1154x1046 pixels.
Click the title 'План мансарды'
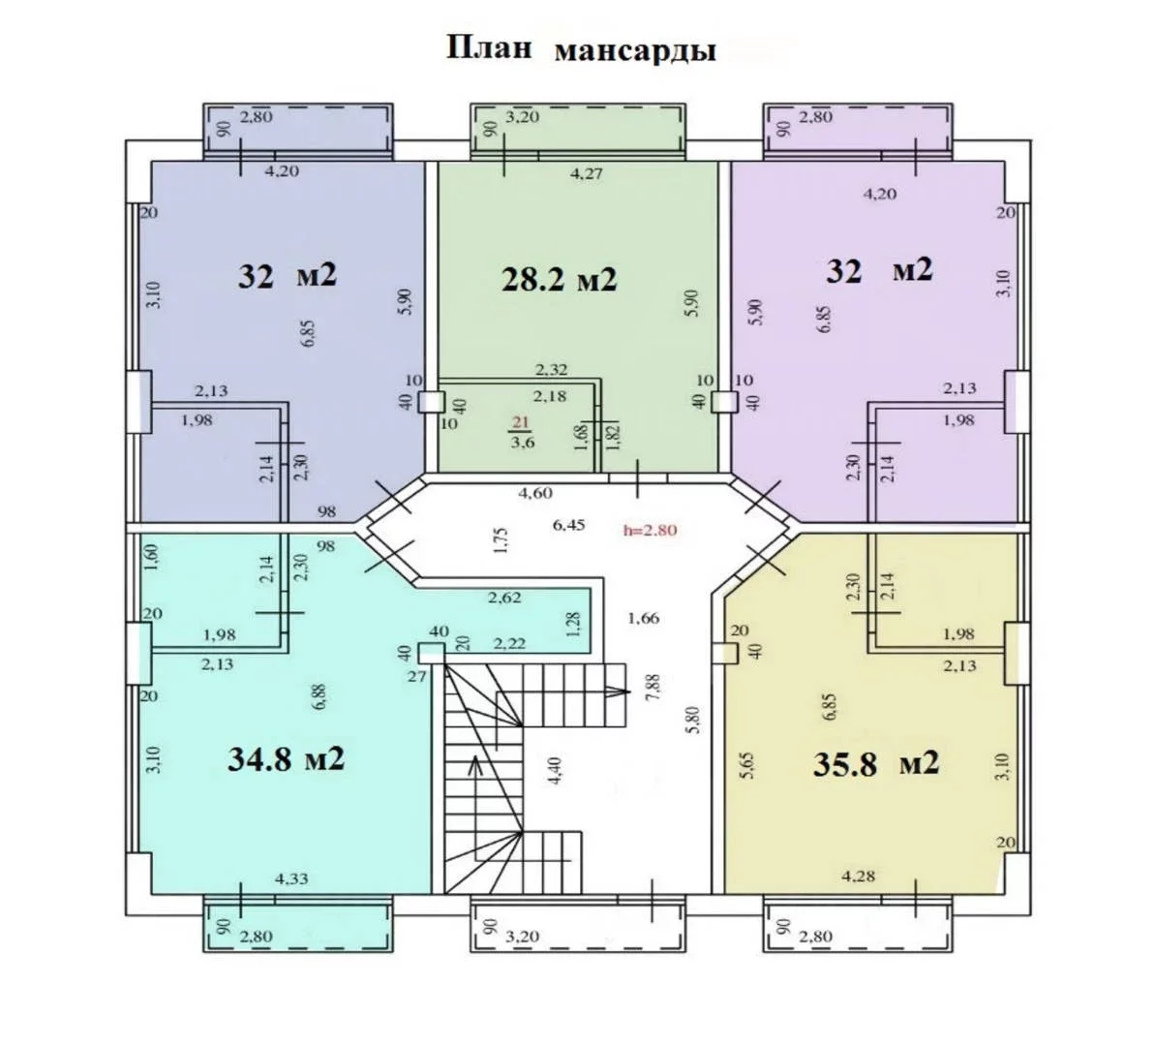(582, 49)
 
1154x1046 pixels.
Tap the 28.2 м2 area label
(559, 280)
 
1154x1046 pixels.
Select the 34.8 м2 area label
(286, 759)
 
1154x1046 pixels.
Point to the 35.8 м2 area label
(876, 763)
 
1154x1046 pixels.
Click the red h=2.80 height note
(650, 529)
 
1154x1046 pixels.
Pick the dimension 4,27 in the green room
(587, 174)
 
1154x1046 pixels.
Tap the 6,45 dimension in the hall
(569, 525)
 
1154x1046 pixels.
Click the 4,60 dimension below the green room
(535, 493)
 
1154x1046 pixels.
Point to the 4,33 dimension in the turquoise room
(291, 878)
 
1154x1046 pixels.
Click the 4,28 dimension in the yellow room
(858, 876)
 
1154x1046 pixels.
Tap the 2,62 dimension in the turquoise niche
(505, 598)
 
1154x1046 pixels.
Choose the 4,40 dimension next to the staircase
(557, 771)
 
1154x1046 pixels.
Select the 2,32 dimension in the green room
(551, 370)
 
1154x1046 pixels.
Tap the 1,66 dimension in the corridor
(643, 618)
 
